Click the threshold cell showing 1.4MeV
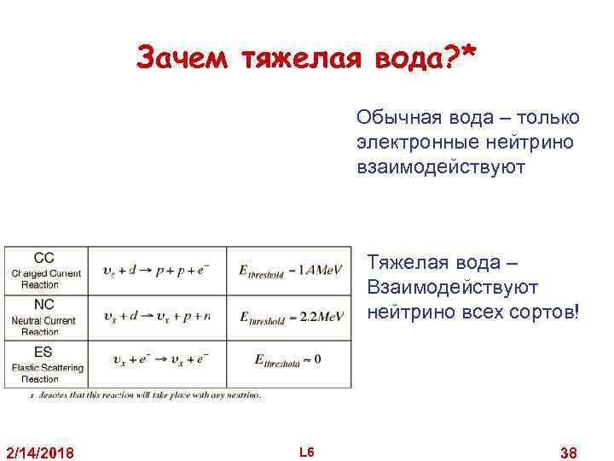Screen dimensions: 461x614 tap(291, 271)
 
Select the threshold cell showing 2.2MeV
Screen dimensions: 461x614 tap(291, 317)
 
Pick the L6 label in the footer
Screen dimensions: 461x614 tap(307, 450)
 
